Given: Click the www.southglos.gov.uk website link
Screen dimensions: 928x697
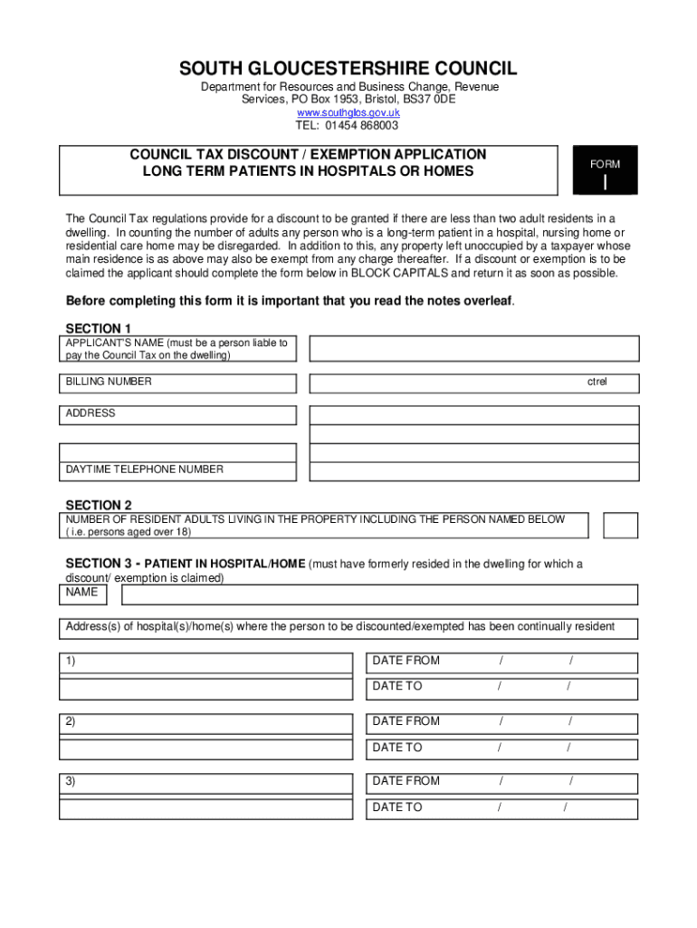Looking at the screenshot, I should pyautogui.click(x=348, y=112).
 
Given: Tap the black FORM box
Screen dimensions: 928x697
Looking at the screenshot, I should pyautogui.click(x=605, y=170).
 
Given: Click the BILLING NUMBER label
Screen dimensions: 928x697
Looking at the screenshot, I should pyautogui.click(x=109, y=382).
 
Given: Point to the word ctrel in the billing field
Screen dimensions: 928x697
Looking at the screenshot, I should pyautogui.click(x=597, y=382).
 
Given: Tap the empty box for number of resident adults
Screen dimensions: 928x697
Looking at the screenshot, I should pyautogui.click(x=621, y=526).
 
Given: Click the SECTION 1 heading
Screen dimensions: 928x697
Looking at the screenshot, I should pyautogui.click(x=99, y=328).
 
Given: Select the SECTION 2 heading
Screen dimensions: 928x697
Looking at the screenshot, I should pyautogui.click(x=99, y=505).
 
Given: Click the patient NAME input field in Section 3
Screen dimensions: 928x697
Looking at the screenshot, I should pyautogui.click(x=379, y=594).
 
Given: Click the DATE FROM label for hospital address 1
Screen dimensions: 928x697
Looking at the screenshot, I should pyautogui.click(x=406, y=661).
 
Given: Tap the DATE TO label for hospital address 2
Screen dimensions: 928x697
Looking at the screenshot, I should pyautogui.click(x=397, y=748).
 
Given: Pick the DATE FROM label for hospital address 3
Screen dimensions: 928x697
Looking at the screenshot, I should pyautogui.click(x=406, y=781).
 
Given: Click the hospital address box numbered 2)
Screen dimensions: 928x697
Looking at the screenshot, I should pyautogui.click(x=205, y=723).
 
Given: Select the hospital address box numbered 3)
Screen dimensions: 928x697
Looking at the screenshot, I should pyautogui.click(x=205, y=784).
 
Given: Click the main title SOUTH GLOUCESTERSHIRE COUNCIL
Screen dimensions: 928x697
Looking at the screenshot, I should pyautogui.click(x=348, y=69).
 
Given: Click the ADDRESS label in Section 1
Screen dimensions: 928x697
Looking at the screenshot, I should pyautogui.click(x=91, y=413).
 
